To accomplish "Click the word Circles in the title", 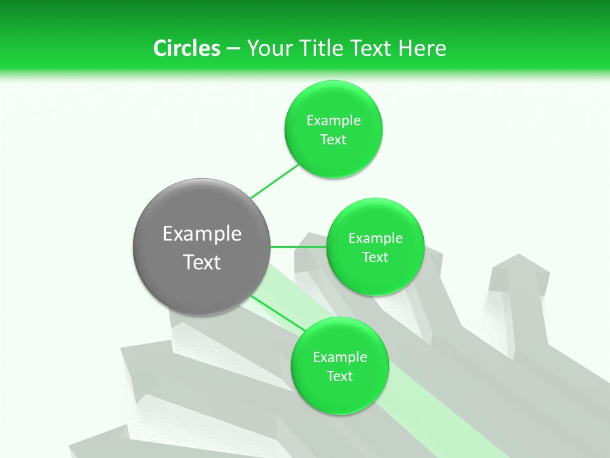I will point(186,48).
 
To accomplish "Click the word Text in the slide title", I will point(372,48).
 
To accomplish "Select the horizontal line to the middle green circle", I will point(299,247).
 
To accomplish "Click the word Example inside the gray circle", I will point(201,234).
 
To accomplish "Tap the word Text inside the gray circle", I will point(201,262).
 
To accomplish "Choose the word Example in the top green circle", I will point(333,121).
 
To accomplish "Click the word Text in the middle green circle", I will point(375,257).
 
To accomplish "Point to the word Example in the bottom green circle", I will point(339,357).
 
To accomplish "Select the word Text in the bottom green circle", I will point(339,376).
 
